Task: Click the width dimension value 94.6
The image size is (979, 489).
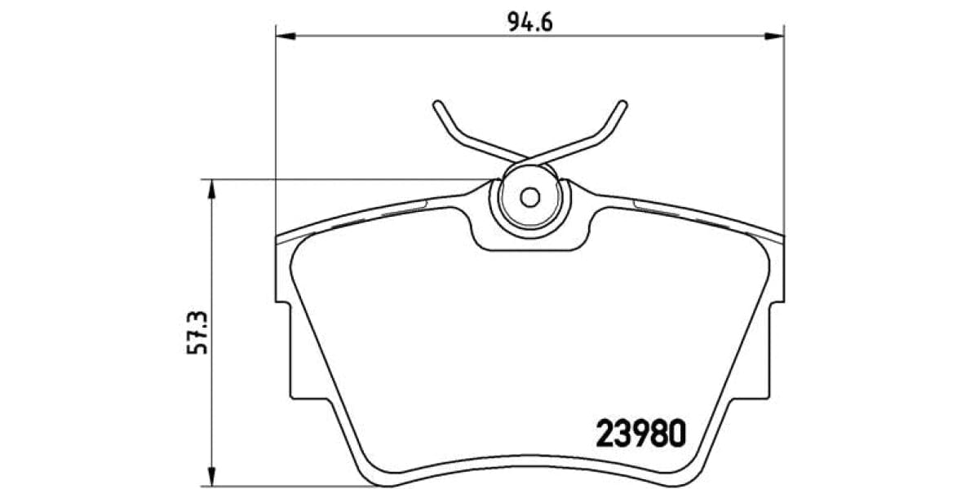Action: (x=530, y=21)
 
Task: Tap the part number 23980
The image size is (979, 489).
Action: (x=640, y=434)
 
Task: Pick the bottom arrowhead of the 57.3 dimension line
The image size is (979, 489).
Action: (x=211, y=478)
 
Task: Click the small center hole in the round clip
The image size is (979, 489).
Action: (x=529, y=197)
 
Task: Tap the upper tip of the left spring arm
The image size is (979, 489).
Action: (x=437, y=104)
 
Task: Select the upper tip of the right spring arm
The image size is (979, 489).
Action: (x=623, y=104)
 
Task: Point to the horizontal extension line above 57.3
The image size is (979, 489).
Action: (x=343, y=179)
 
